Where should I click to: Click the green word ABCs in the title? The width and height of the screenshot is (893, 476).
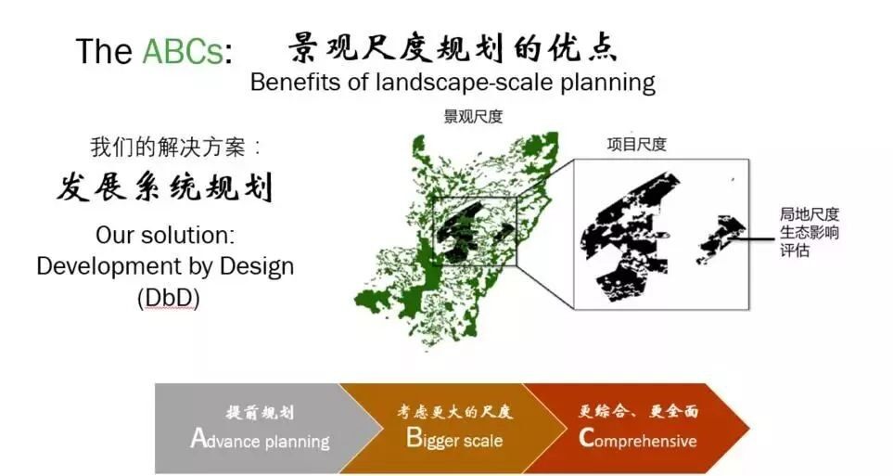click(x=183, y=51)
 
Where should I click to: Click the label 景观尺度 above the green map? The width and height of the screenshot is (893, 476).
click(x=473, y=117)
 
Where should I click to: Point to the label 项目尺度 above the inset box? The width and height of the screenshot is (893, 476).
click(x=637, y=144)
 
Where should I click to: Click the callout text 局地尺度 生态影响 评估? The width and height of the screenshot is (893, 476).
click(x=810, y=233)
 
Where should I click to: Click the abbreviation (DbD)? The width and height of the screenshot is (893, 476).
click(x=169, y=298)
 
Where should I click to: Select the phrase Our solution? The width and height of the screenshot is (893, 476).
click(x=165, y=235)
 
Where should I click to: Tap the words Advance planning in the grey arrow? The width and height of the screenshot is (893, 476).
click(x=261, y=440)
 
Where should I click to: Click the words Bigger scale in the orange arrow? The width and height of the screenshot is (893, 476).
click(x=454, y=439)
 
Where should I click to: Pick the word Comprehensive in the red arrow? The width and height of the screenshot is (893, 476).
click(x=638, y=440)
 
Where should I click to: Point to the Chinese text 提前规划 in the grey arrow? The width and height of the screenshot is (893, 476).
click(x=260, y=412)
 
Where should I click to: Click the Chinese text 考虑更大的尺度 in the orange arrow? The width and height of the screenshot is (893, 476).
click(x=455, y=412)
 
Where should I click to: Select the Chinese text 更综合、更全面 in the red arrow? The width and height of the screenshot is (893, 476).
click(x=638, y=411)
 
